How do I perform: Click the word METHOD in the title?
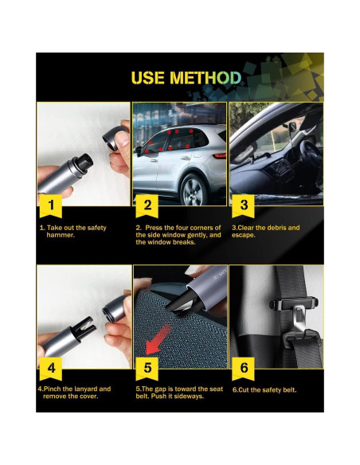[x=205, y=78]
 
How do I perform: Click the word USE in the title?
[x=149, y=78]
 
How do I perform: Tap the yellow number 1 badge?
[x=52, y=205]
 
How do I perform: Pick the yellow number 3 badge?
[x=244, y=205]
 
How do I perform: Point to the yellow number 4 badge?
[x=52, y=369]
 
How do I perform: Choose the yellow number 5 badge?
[x=148, y=369]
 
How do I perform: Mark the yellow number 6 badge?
[x=244, y=369]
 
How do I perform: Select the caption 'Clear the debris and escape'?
[x=265, y=232]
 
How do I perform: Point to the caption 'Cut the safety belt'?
[x=265, y=390]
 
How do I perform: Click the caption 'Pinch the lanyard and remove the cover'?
[x=74, y=393]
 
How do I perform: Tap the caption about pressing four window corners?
[x=177, y=235]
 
